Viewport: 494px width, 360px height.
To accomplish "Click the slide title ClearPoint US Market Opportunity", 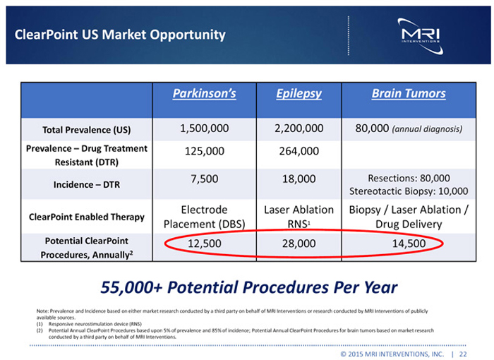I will pyautogui.click(x=120, y=35).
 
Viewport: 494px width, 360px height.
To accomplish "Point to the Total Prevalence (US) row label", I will pyautogui.click(x=88, y=131).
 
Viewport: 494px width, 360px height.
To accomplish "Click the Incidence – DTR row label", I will pyautogui.click(x=88, y=184).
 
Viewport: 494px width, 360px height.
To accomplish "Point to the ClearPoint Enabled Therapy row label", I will pyautogui.click(x=88, y=217).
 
